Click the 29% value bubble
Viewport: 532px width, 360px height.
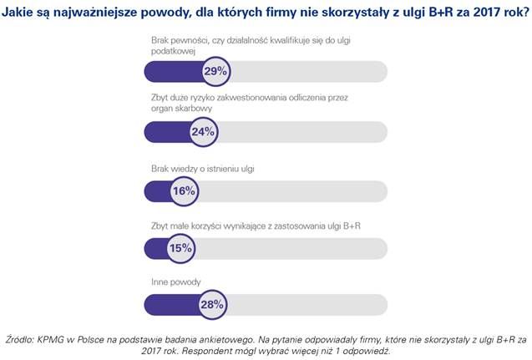(215, 72)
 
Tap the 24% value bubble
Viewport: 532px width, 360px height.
(203, 132)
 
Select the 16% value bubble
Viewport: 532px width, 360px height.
(183, 190)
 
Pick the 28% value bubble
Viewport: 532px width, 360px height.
(212, 306)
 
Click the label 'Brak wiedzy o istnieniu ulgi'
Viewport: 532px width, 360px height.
(203, 169)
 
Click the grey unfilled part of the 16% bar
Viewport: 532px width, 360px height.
(292, 190)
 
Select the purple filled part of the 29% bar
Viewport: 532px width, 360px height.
(171, 72)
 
